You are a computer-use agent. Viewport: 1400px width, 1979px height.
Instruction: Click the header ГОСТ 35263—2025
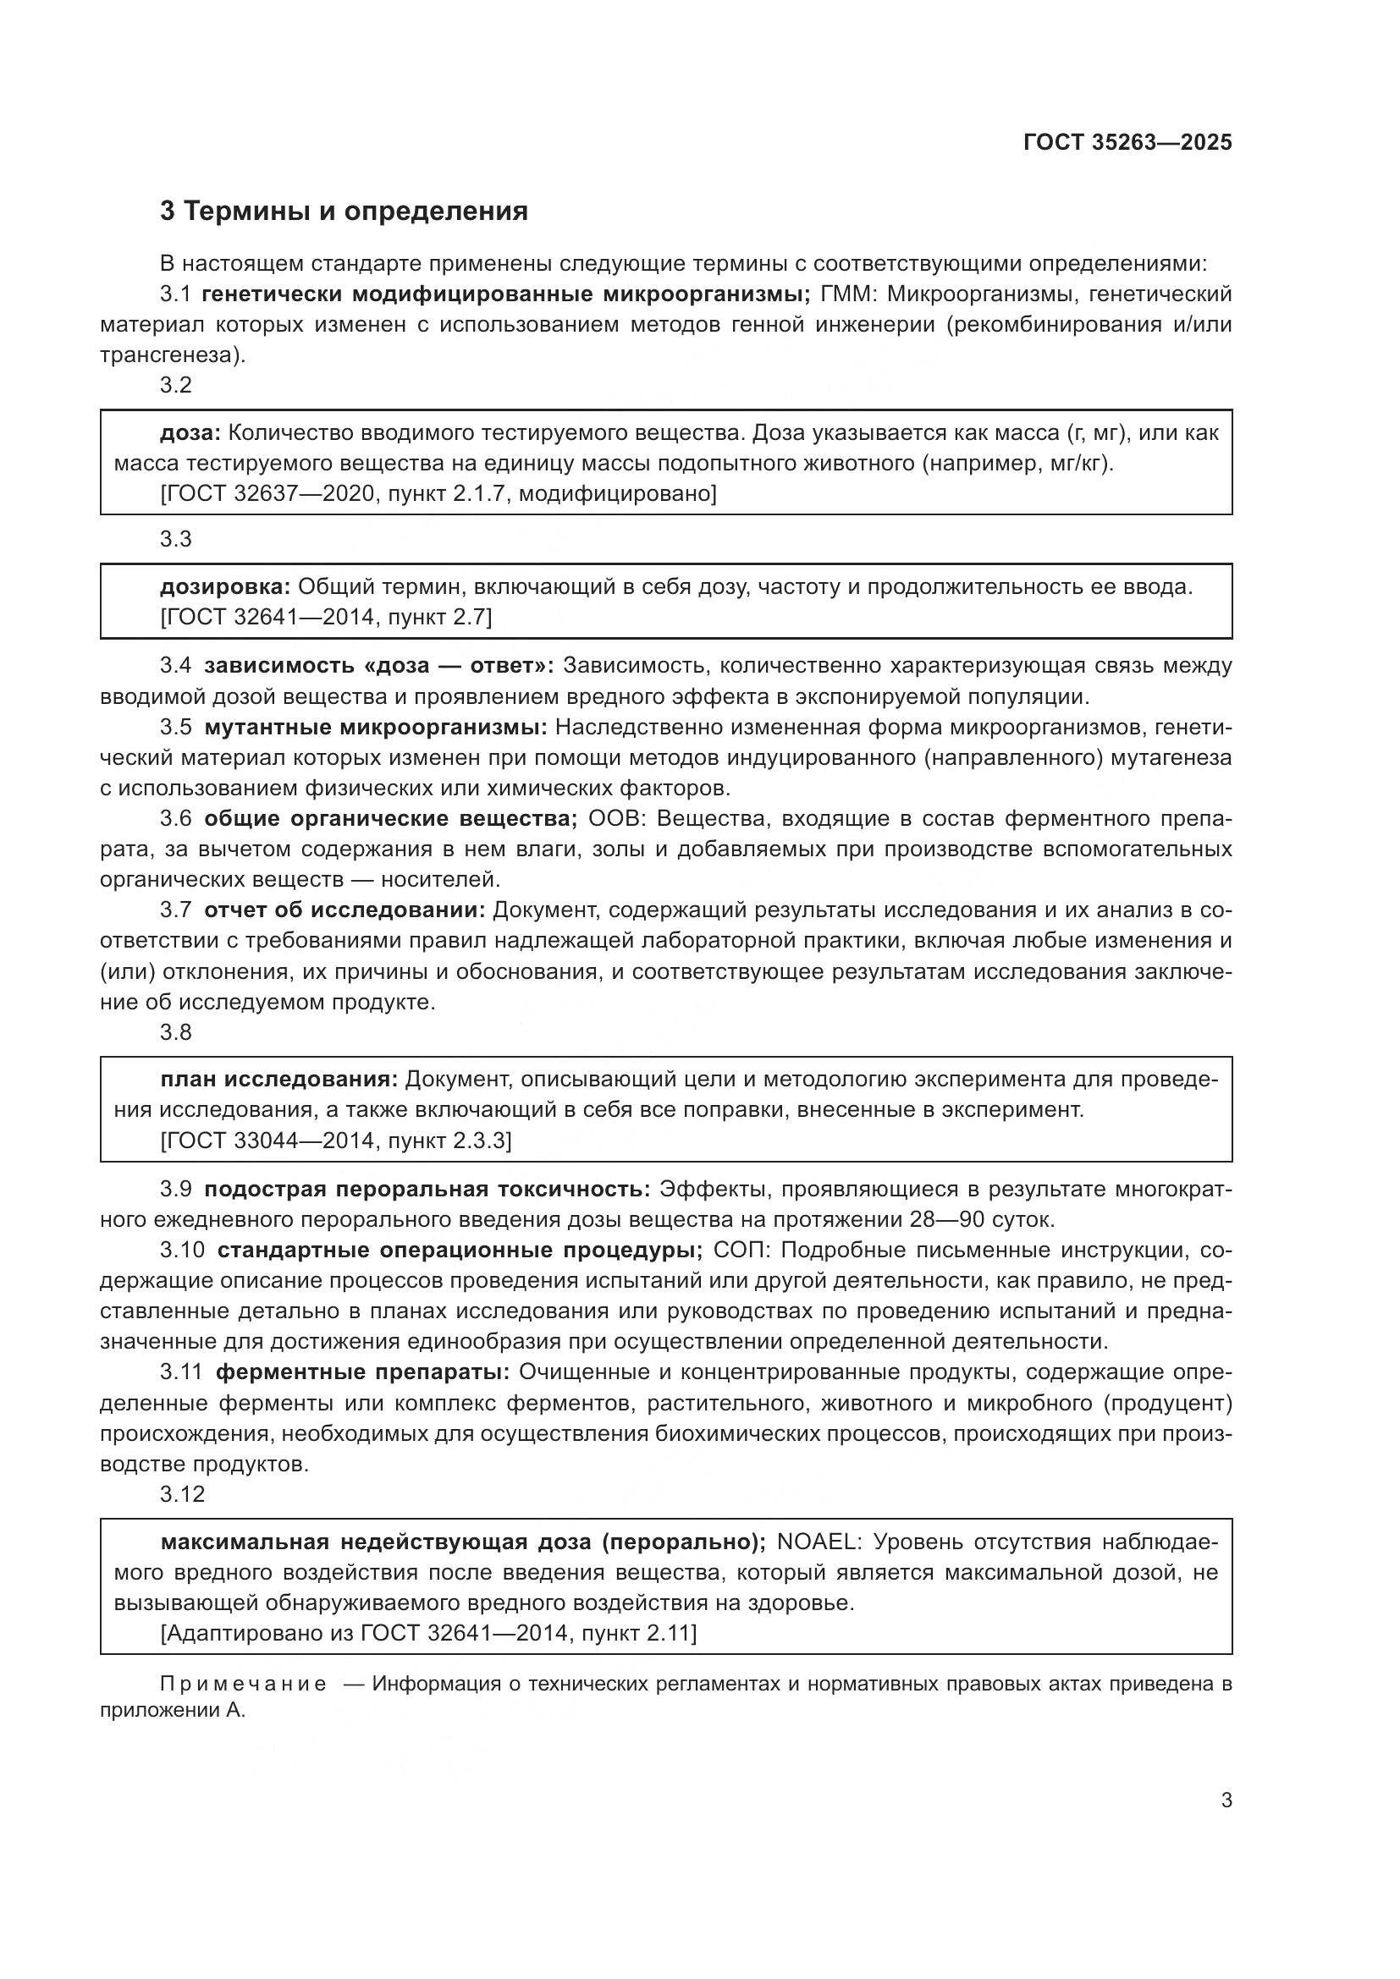[1127, 142]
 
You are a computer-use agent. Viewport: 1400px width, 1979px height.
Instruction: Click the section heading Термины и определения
[356, 212]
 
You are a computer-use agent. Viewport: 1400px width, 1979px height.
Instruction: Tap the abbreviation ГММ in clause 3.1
[847, 294]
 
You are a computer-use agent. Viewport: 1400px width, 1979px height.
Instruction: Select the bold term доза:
[190, 432]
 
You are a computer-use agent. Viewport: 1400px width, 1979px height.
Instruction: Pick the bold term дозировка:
[226, 587]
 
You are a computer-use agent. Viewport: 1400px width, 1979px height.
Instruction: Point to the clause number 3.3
[176, 540]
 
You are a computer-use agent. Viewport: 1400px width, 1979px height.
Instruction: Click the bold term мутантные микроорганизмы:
[376, 728]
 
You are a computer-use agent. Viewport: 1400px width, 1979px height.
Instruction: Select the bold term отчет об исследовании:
[344, 910]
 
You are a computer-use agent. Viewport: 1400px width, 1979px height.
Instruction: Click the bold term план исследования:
[279, 1080]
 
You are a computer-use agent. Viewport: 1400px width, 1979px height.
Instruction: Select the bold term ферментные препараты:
[363, 1372]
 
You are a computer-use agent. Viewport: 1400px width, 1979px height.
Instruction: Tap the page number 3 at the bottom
[1226, 1800]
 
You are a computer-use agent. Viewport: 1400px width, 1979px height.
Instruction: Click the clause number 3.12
[182, 1494]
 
